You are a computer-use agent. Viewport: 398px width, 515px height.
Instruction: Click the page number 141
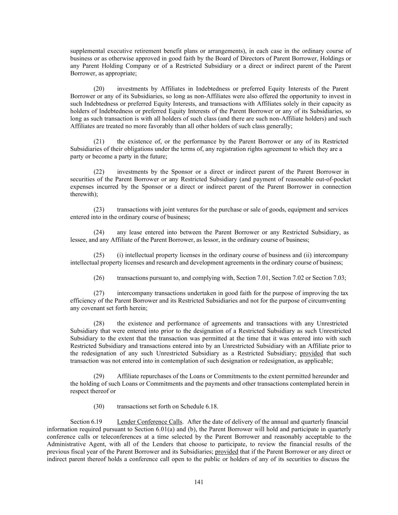click(x=199, y=482)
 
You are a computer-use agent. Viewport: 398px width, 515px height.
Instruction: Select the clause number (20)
click(x=99, y=89)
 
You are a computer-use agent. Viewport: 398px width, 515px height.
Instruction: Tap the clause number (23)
click(x=99, y=209)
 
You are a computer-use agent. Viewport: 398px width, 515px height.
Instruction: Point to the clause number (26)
click(x=99, y=278)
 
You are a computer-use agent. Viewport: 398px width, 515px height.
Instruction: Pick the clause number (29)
click(x=99, y=376)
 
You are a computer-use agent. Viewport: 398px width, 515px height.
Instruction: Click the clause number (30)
click(x=99, y=406)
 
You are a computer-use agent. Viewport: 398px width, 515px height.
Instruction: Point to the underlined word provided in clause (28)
click(x=311, y=354)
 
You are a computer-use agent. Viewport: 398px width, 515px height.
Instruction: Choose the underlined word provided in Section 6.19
click(x=226, y=452)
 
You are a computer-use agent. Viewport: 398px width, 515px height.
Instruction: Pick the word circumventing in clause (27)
click(x=328, y=301)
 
